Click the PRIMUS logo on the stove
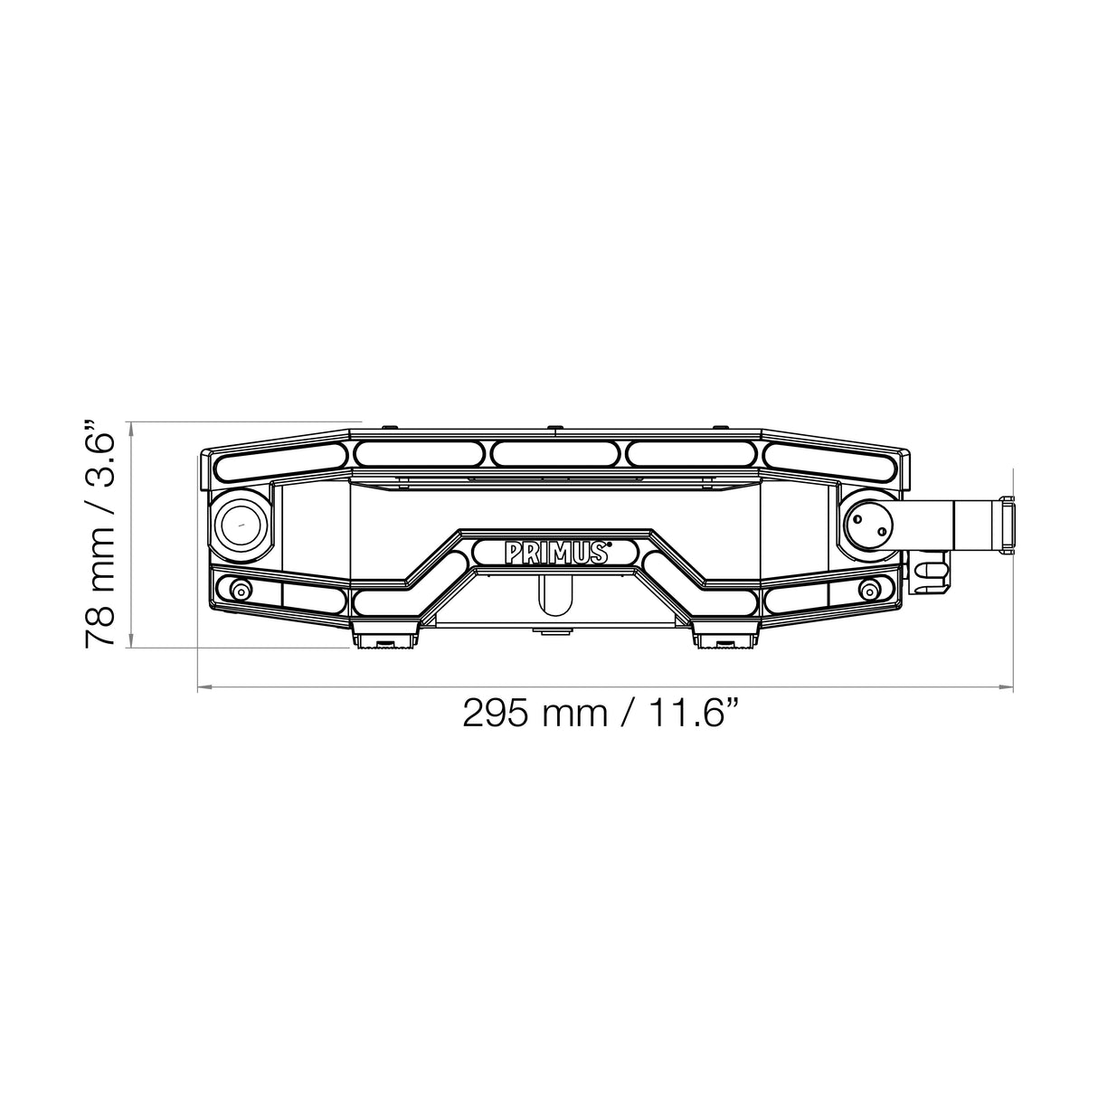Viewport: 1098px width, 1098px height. point(555,552)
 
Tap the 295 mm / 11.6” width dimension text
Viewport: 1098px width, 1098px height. point(604,713)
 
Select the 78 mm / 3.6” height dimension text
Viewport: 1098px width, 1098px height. point(99,535)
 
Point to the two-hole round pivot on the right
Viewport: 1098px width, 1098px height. point(868,523)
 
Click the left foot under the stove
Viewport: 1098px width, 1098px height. point(383,634)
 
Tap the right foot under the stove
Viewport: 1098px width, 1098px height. point(726,634)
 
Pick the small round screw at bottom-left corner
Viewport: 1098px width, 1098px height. point(241,591)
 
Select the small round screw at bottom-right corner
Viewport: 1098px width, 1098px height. point(869,591)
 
